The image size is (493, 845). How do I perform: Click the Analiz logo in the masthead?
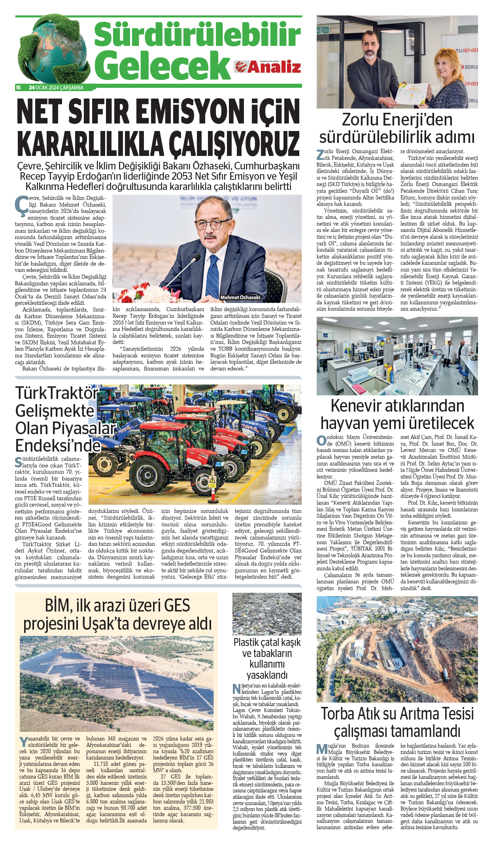point(268,67)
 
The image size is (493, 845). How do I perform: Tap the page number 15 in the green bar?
point(18,87)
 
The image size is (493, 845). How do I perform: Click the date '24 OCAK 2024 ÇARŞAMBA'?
point(56,87)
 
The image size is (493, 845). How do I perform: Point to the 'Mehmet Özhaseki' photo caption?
point(240,297)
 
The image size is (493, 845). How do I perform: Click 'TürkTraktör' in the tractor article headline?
point(57,393)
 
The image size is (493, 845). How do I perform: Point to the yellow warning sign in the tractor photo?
point(212,482)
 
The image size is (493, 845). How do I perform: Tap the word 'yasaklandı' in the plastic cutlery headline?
point(267,675)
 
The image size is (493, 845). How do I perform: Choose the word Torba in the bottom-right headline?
point(337,714)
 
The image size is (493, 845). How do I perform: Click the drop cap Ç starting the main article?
point(21,203)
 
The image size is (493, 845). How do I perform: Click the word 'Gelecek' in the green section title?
point(162,65)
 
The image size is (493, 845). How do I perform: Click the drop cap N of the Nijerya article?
point(236,689)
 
